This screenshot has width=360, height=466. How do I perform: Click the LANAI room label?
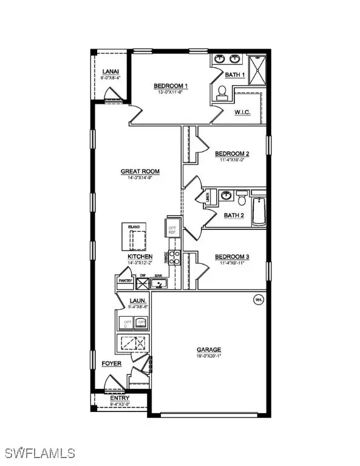tap(110, 72)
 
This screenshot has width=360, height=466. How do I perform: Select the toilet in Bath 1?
tap(222, 93)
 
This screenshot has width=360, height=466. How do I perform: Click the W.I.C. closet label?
tap(242, 112)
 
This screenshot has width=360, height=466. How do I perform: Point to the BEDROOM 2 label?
tap(232, 154)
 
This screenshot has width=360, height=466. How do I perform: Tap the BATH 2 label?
tap(233, 215)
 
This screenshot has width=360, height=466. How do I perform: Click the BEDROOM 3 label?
tap(232, 257)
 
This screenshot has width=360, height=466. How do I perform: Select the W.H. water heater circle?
tap(257, 299)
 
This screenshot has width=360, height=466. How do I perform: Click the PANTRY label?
tap(125, 281)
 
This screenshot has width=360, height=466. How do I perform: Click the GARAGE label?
tap(208, 349)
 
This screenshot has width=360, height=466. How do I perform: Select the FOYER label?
tap(112, 363)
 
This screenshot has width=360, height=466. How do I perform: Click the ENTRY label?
tap(120, 398)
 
